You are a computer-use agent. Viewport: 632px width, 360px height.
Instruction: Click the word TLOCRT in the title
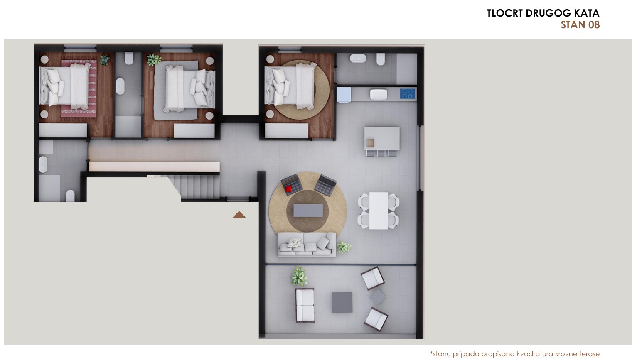(505, 13)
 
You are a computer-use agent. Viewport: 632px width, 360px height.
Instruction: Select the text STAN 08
(580, 25)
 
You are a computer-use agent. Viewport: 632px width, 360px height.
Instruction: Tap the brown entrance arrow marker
(239, 215)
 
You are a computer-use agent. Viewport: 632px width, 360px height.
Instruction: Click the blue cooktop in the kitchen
(408, 93)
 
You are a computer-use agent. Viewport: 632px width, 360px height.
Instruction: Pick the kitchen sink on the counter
(379, 94)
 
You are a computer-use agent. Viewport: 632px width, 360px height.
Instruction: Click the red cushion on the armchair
(288, 189)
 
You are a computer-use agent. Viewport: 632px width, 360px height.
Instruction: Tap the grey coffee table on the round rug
(308, 210)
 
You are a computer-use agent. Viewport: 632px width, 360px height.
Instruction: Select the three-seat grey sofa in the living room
(307, 245)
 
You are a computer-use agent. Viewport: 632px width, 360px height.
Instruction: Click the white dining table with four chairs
(379, 211)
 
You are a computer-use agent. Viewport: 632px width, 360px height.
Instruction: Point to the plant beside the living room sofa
(344, 247)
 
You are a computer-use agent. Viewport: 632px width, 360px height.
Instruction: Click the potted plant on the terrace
(299, 277)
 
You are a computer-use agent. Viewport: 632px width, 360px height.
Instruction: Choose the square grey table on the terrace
(342, 302)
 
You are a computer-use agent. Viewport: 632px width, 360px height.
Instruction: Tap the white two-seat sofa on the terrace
(305, 305)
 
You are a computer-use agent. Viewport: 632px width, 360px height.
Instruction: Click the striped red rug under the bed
(79, 88)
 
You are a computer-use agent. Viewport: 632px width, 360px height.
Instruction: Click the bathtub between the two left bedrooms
(120, 86)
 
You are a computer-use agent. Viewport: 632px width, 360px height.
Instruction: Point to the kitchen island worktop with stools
(382, 138)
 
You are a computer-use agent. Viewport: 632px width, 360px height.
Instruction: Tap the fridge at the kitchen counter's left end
(344, 95)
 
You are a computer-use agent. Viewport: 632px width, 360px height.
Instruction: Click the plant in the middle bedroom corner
(154, 60)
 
